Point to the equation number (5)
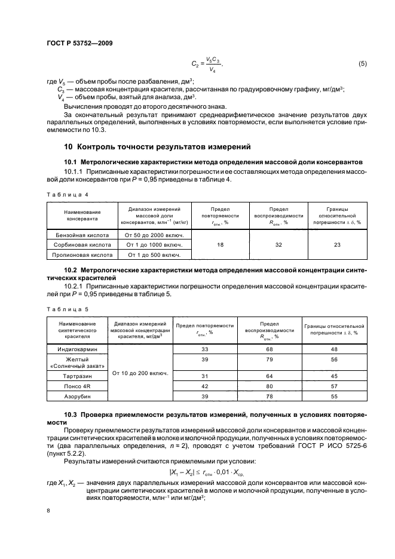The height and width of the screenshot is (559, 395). click(362, 63)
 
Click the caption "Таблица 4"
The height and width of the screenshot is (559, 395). click(67, 195)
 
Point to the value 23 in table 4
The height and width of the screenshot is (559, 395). click(337, 245)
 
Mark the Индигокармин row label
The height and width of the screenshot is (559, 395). click(77, 348)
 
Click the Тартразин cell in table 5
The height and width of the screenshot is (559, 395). click(77, 376)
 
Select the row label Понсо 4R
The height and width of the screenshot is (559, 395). click(77, 386)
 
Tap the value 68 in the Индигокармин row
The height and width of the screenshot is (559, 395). click(269, 348)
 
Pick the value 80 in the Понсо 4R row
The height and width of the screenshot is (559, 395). click(269, 386)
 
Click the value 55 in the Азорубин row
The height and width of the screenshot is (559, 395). click(334, 396)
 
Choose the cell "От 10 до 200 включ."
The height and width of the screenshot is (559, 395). click(139, 373)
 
